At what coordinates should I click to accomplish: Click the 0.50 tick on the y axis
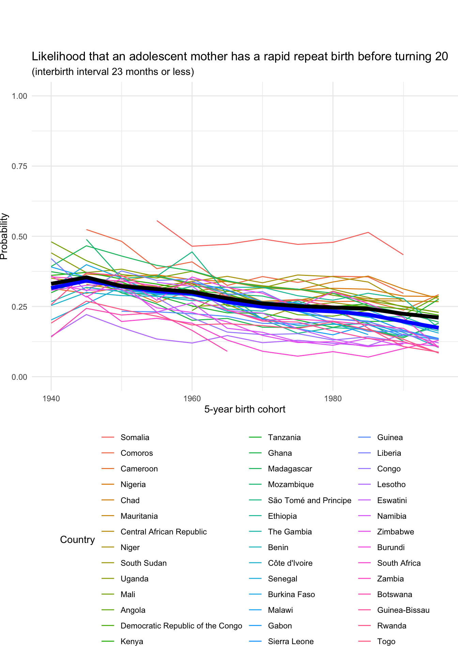coord(19,236)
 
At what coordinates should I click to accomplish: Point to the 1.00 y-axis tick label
coord(19,96)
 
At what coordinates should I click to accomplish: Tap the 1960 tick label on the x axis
coord(192,399)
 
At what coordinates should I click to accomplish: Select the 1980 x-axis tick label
coord(333,399)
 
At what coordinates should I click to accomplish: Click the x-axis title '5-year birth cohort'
coord(245,409)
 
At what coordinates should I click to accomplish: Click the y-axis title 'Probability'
coord(4,236)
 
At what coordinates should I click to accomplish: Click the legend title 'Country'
coord(77,540)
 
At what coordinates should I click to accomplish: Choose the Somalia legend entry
coord(135,437)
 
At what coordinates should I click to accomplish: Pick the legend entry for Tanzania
coord(284,437)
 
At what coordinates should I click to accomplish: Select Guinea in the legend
coord(390,437)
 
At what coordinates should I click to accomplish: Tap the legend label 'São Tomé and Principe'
coord(309,500)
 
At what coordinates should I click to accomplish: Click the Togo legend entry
coord(386,641)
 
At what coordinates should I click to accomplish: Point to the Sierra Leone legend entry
coord(291,641)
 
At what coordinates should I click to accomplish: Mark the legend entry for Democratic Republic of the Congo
coord(181,626)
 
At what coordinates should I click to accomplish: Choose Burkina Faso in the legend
coord(291,594)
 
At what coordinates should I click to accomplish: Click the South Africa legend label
coord(399,563)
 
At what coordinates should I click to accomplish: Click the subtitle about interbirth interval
coord(113,72)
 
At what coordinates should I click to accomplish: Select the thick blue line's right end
coord(438,328)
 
